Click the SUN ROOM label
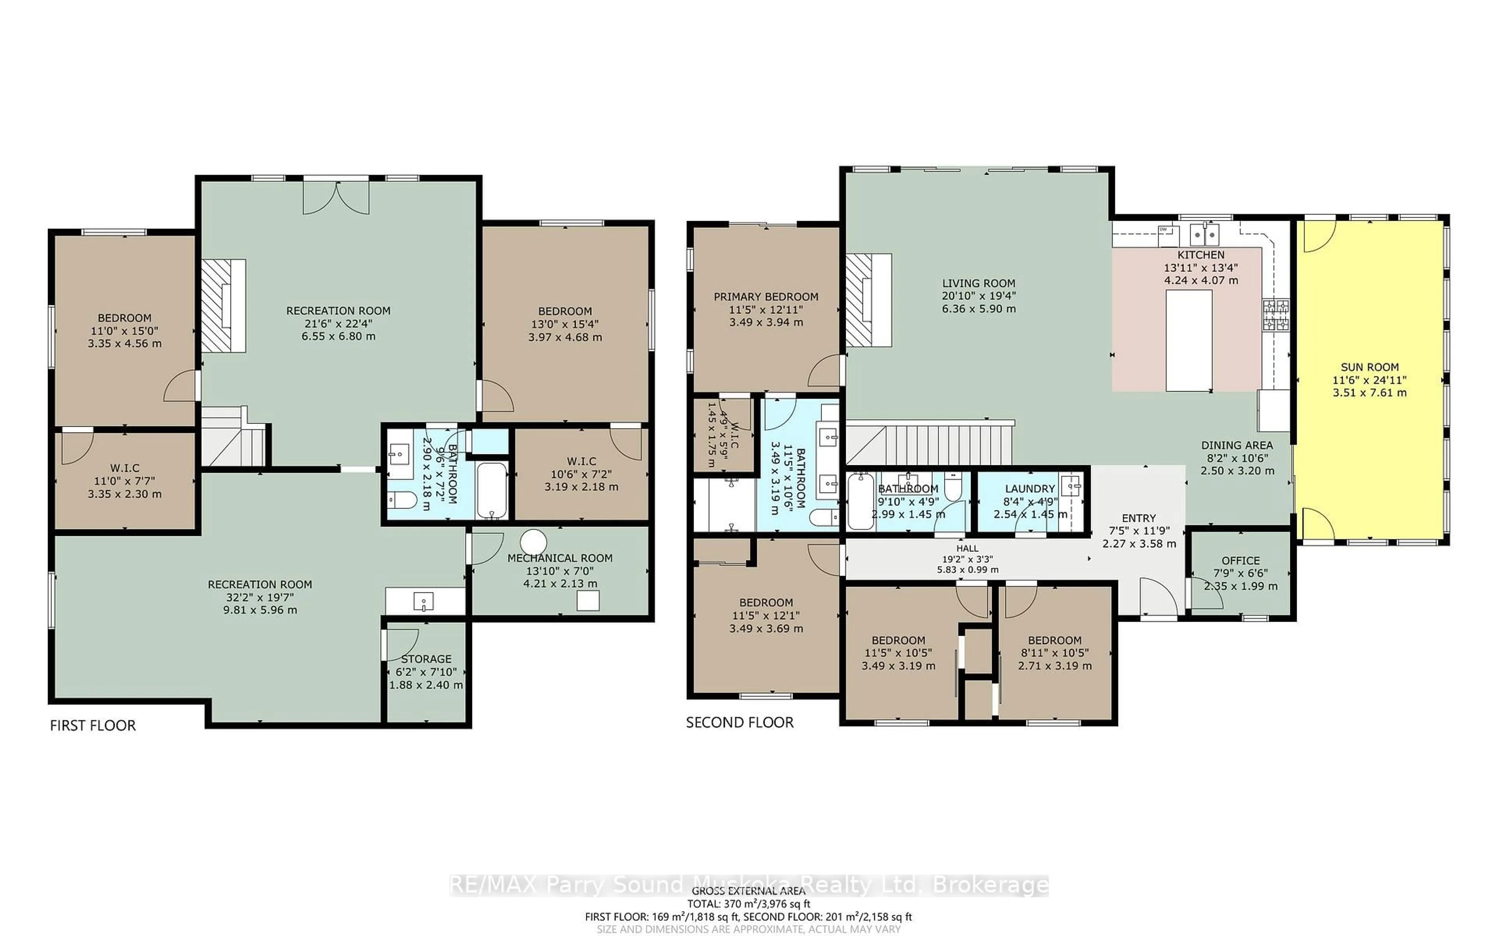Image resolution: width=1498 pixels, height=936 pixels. tap(1369, 367)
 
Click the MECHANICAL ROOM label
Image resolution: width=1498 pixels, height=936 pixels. tap(559, 558)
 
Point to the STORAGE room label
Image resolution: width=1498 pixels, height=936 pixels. tap(426, 659)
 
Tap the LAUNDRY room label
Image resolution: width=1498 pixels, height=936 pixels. tap(1030, 488)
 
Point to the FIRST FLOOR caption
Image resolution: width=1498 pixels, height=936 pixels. tap(93, 725)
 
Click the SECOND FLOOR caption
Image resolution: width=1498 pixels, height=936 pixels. tap(739, 722)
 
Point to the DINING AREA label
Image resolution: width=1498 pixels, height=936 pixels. tap(1237, 445)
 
